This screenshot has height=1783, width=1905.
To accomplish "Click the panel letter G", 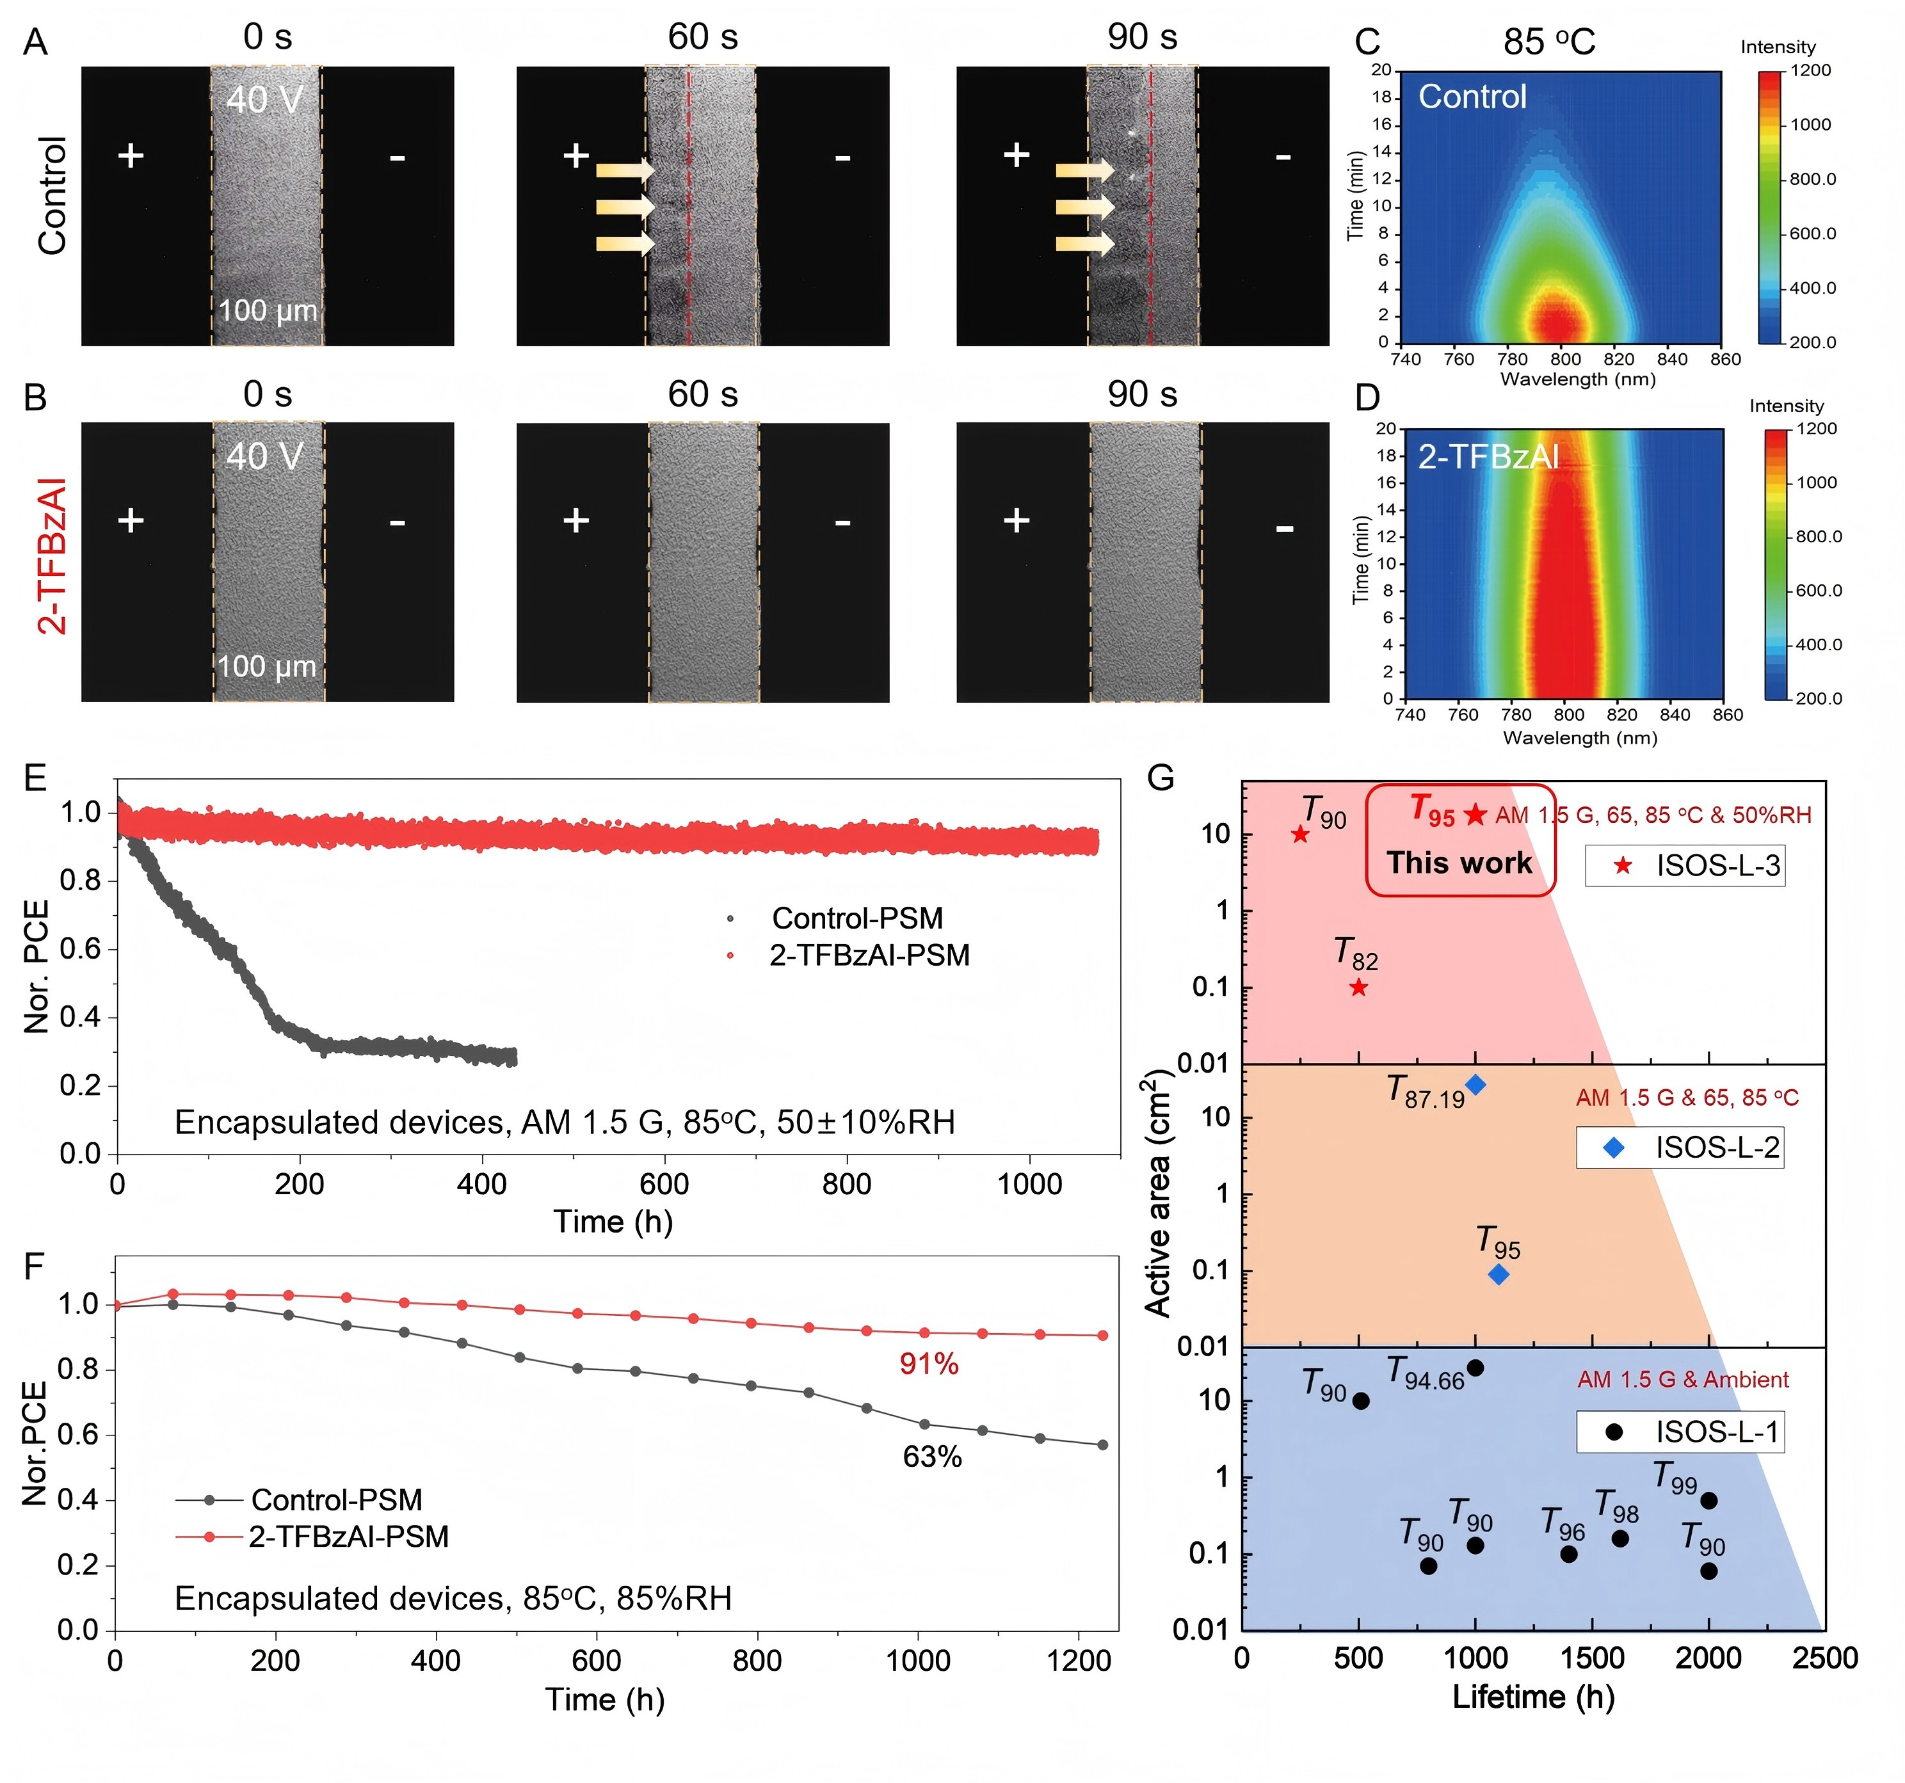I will pos(1161,778).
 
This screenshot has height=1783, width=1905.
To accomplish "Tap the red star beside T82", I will pos(1359,987).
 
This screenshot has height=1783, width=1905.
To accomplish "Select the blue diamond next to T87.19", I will pos(1475,1085).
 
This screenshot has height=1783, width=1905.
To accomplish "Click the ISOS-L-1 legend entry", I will pos(1681,1432).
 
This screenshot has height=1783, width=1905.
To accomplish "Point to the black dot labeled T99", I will pos(1708,1500).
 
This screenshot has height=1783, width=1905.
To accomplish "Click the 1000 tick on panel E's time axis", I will pos(1030,1184).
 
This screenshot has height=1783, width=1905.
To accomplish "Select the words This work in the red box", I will pos(1459,862).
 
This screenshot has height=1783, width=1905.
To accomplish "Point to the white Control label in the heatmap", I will pos(1472,97).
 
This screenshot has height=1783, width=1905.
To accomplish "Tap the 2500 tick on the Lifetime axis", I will pos(1824,1658).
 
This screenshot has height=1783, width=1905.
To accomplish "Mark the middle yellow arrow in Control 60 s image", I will pos(625,207).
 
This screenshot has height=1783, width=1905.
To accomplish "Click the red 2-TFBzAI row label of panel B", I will pos(52,556).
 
